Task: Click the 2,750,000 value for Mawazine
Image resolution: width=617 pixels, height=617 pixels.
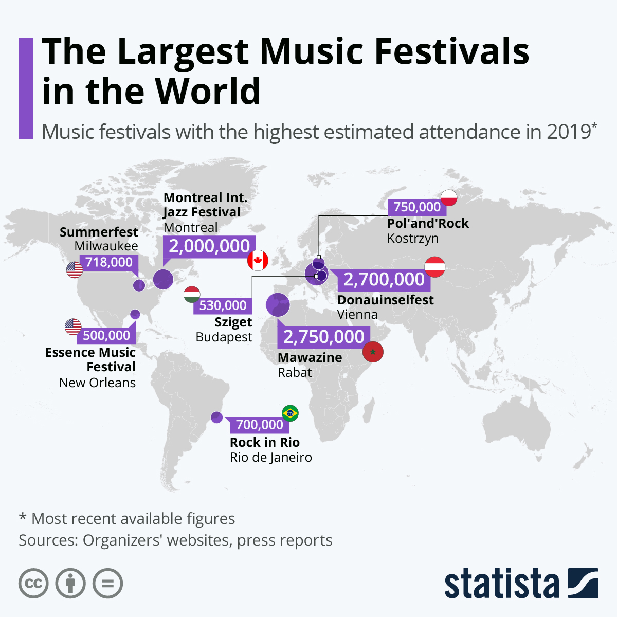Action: click(x=323, y=337)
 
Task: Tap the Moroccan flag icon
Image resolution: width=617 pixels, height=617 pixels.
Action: click(x=373, y=352)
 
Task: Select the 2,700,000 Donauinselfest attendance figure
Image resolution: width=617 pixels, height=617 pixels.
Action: click(x=384, y=279)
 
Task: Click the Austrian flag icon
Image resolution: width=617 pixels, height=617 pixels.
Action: click(x=435, y=267)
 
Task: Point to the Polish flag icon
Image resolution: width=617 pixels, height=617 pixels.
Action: click(x=449, y=197)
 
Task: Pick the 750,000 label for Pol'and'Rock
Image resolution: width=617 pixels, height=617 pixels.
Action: click(x=416, y=207)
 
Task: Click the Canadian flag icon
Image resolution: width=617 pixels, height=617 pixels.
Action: click(x=258, y=261)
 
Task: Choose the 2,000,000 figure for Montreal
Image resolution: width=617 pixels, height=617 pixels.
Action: click(x=209, y=246)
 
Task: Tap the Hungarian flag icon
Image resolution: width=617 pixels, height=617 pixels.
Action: click(x=192, y=294)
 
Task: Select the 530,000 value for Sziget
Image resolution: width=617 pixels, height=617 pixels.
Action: click(x=223, y=305)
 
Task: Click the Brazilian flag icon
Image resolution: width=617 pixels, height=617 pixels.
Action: click(x=290, y=413)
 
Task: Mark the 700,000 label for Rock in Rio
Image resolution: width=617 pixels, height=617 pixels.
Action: click(x=259, y=425)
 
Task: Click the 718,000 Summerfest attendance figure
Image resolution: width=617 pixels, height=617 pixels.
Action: click(x=109, y=262)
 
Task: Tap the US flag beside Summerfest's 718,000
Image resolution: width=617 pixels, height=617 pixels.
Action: click(x=75, y=269)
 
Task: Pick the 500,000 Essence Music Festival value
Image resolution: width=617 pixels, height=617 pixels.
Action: click(x=106, y=336)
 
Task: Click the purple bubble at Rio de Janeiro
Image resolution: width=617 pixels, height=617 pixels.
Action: click(x=216, y=417)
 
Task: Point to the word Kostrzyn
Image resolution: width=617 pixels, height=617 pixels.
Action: click(x=413, y=239)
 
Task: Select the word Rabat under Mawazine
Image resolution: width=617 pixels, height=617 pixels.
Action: click(x=295, y=373)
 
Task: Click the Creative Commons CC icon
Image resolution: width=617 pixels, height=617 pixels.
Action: click(x=33, y=584)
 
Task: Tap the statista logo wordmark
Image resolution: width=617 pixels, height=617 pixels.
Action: click(x=501, y=584)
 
